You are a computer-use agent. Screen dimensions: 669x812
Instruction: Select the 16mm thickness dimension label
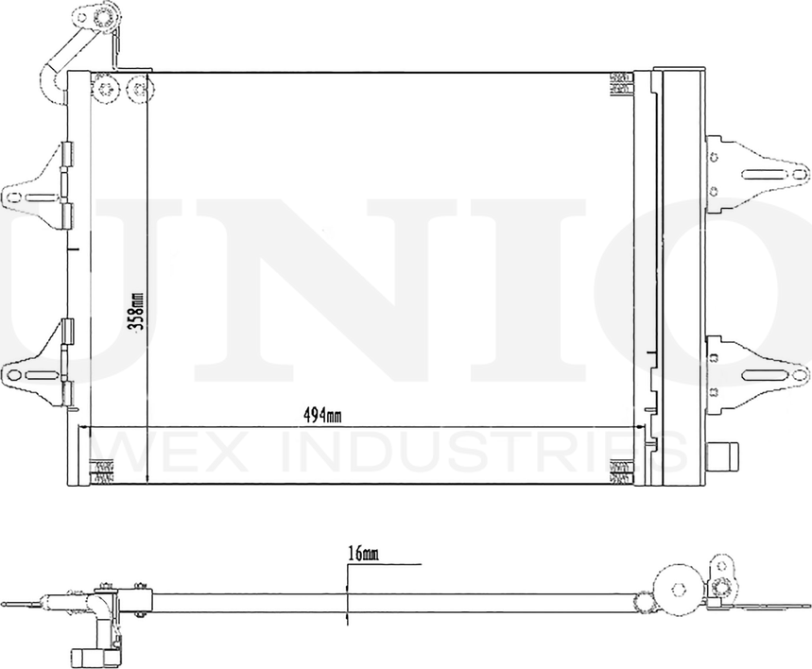click(x=362, y=555)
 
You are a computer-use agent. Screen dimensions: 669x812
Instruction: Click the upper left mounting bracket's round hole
click(x=12, y=197)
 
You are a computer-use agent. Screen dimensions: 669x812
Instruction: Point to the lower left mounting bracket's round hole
click(x=12, y=375)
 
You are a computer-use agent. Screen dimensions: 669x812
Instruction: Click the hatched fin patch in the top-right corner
click(x=621, y=83)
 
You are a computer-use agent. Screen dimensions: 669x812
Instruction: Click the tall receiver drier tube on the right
click(x=681, y=274)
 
